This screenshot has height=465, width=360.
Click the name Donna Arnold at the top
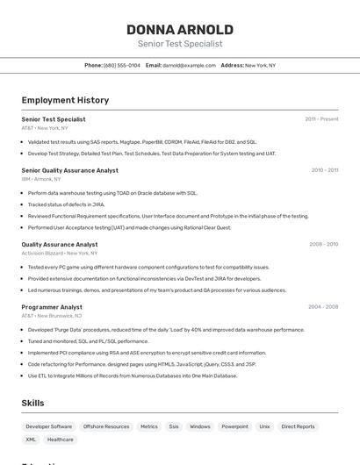180,29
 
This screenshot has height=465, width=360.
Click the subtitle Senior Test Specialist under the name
180,44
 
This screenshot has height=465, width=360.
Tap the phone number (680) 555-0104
122,65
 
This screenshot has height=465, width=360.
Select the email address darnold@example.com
189,65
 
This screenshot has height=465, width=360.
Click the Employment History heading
65,100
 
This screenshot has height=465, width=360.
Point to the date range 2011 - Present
321,118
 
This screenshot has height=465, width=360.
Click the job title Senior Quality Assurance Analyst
69,170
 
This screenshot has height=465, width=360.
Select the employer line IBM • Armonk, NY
42,179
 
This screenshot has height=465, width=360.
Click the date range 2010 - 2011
324,170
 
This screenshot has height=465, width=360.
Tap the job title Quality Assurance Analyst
60,245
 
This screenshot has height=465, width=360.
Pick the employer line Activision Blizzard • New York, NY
59,253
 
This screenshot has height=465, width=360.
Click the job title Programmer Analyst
52,307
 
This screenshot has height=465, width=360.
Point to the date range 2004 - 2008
322,307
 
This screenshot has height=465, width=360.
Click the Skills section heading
33,403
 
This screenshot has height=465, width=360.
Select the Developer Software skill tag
49,426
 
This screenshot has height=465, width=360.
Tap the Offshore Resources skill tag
106,426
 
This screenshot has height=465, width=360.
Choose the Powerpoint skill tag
234,426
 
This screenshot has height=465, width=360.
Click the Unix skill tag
264,426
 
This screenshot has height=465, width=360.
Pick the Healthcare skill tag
61,440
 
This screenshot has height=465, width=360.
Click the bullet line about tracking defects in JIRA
66,204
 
